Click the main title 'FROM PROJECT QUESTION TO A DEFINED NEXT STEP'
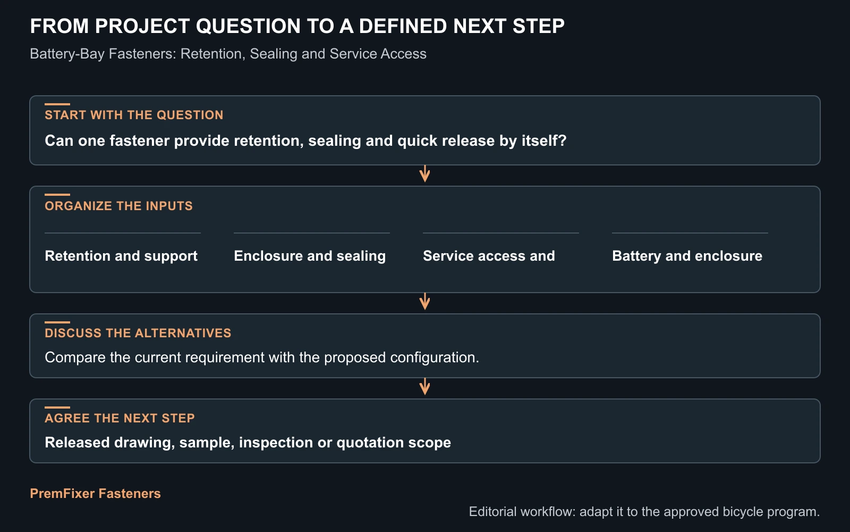(x=297, y=26)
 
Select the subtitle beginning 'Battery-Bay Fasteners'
(x=228, y=54)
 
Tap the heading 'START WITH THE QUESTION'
(x=134, y=115)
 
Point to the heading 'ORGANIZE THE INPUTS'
(x=119, y=205)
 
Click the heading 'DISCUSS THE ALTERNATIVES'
(x=138, y=333)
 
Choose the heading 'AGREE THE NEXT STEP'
(x=120, y=418)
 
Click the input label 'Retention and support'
(x=121, y=256)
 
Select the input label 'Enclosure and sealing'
(x=310, y=256)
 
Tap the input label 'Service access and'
(x=489, y=256)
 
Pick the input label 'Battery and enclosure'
(x=687, y=256)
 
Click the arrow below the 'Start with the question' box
(x=424, y=174)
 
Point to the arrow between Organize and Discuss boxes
(x=424, y=302)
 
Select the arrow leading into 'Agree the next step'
(x=424, y=387)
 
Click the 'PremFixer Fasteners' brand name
(x=95, y=493)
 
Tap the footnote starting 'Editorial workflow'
(x=644, y=511)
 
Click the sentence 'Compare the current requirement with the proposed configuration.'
(x=262, y=357)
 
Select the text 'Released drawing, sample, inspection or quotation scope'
(x=248, y=442)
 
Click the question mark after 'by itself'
(x=563, y=140)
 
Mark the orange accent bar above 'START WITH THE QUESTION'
(x=57, y=104)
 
